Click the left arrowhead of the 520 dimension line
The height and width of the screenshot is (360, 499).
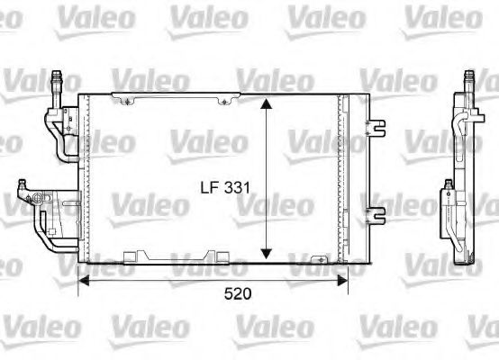(85, 279)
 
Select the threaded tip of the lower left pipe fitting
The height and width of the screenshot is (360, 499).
(21, 186)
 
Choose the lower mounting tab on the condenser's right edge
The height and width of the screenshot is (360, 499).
(371, 214)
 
